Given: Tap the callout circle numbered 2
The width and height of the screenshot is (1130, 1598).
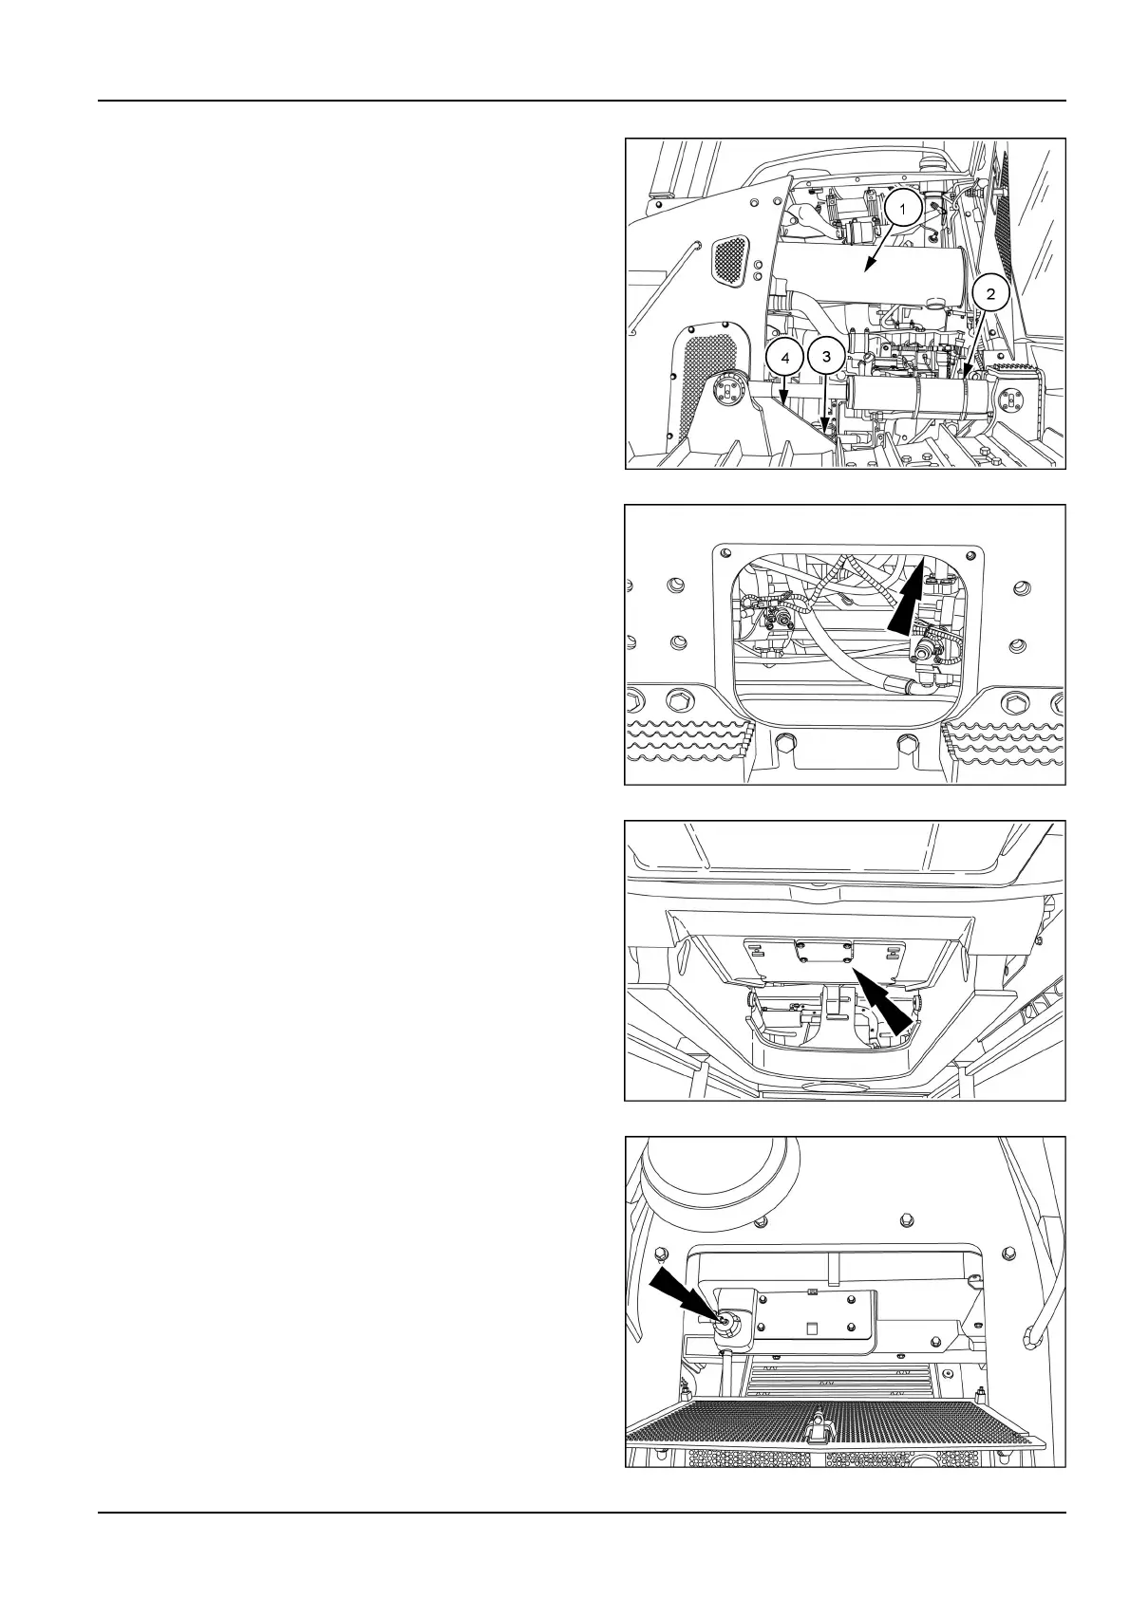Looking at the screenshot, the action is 990,294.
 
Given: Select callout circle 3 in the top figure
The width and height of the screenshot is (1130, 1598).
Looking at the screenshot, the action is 826,357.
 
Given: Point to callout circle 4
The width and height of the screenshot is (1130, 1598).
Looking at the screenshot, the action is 783,358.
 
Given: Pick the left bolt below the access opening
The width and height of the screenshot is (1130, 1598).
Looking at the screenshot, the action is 785,742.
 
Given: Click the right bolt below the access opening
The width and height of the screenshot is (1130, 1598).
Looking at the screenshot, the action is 905,742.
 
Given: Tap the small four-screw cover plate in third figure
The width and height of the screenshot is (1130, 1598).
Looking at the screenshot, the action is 824,951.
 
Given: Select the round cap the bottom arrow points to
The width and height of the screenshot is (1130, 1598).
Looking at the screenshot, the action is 727,1320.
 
